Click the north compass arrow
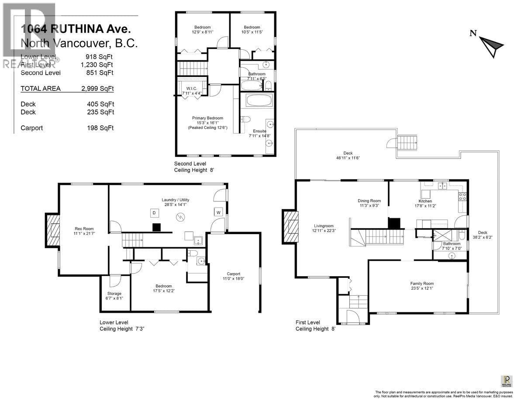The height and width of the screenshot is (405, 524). pyautogui.click(x=492, y=45)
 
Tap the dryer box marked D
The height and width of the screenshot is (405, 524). pyautogui.click(x=154, y=213)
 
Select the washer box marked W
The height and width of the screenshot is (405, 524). pyautogui.click(x=218, y=212)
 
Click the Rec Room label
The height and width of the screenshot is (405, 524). pyautogui.click(x=84, y=228)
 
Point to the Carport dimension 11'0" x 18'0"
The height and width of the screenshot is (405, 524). pyautogui.click(x=234, y=279)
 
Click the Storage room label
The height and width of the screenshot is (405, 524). pyautogui.click(x=114, y=293)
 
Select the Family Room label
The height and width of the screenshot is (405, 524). pyautogui.click(x=422, y=284)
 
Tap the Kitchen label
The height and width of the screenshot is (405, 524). pyautogui.click(x=425, y=201)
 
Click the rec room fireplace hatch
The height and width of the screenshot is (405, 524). pyautogui.click(x=53, y=230)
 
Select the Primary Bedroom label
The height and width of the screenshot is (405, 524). pyautogui.click(x=207, y=118)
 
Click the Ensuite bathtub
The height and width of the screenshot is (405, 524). pyautogui.click(x=259, y=100)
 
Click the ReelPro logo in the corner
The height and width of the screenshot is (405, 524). pyautogui.click(x=507, y=381)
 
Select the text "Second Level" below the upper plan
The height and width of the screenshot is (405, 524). pyautogui.click(x=190, y=163)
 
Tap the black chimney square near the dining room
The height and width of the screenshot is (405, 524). pyautogui.click(x=394, y=223)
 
